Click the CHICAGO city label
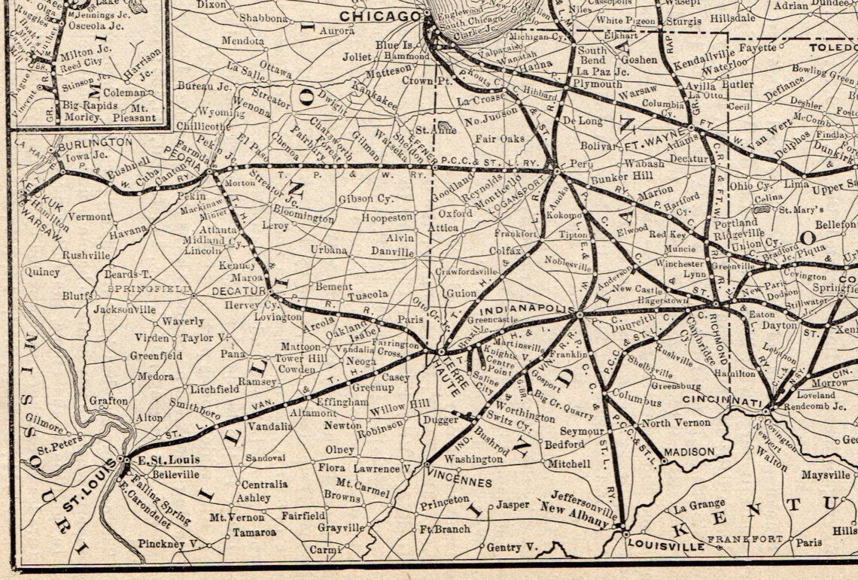(379, 16)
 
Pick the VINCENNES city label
(458, 482)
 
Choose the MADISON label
(688, 452)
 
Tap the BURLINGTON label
(95, 142)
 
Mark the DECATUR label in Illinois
(239, 290)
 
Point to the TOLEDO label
(833, 48)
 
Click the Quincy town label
(42, 272)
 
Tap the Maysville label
(826, 475)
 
